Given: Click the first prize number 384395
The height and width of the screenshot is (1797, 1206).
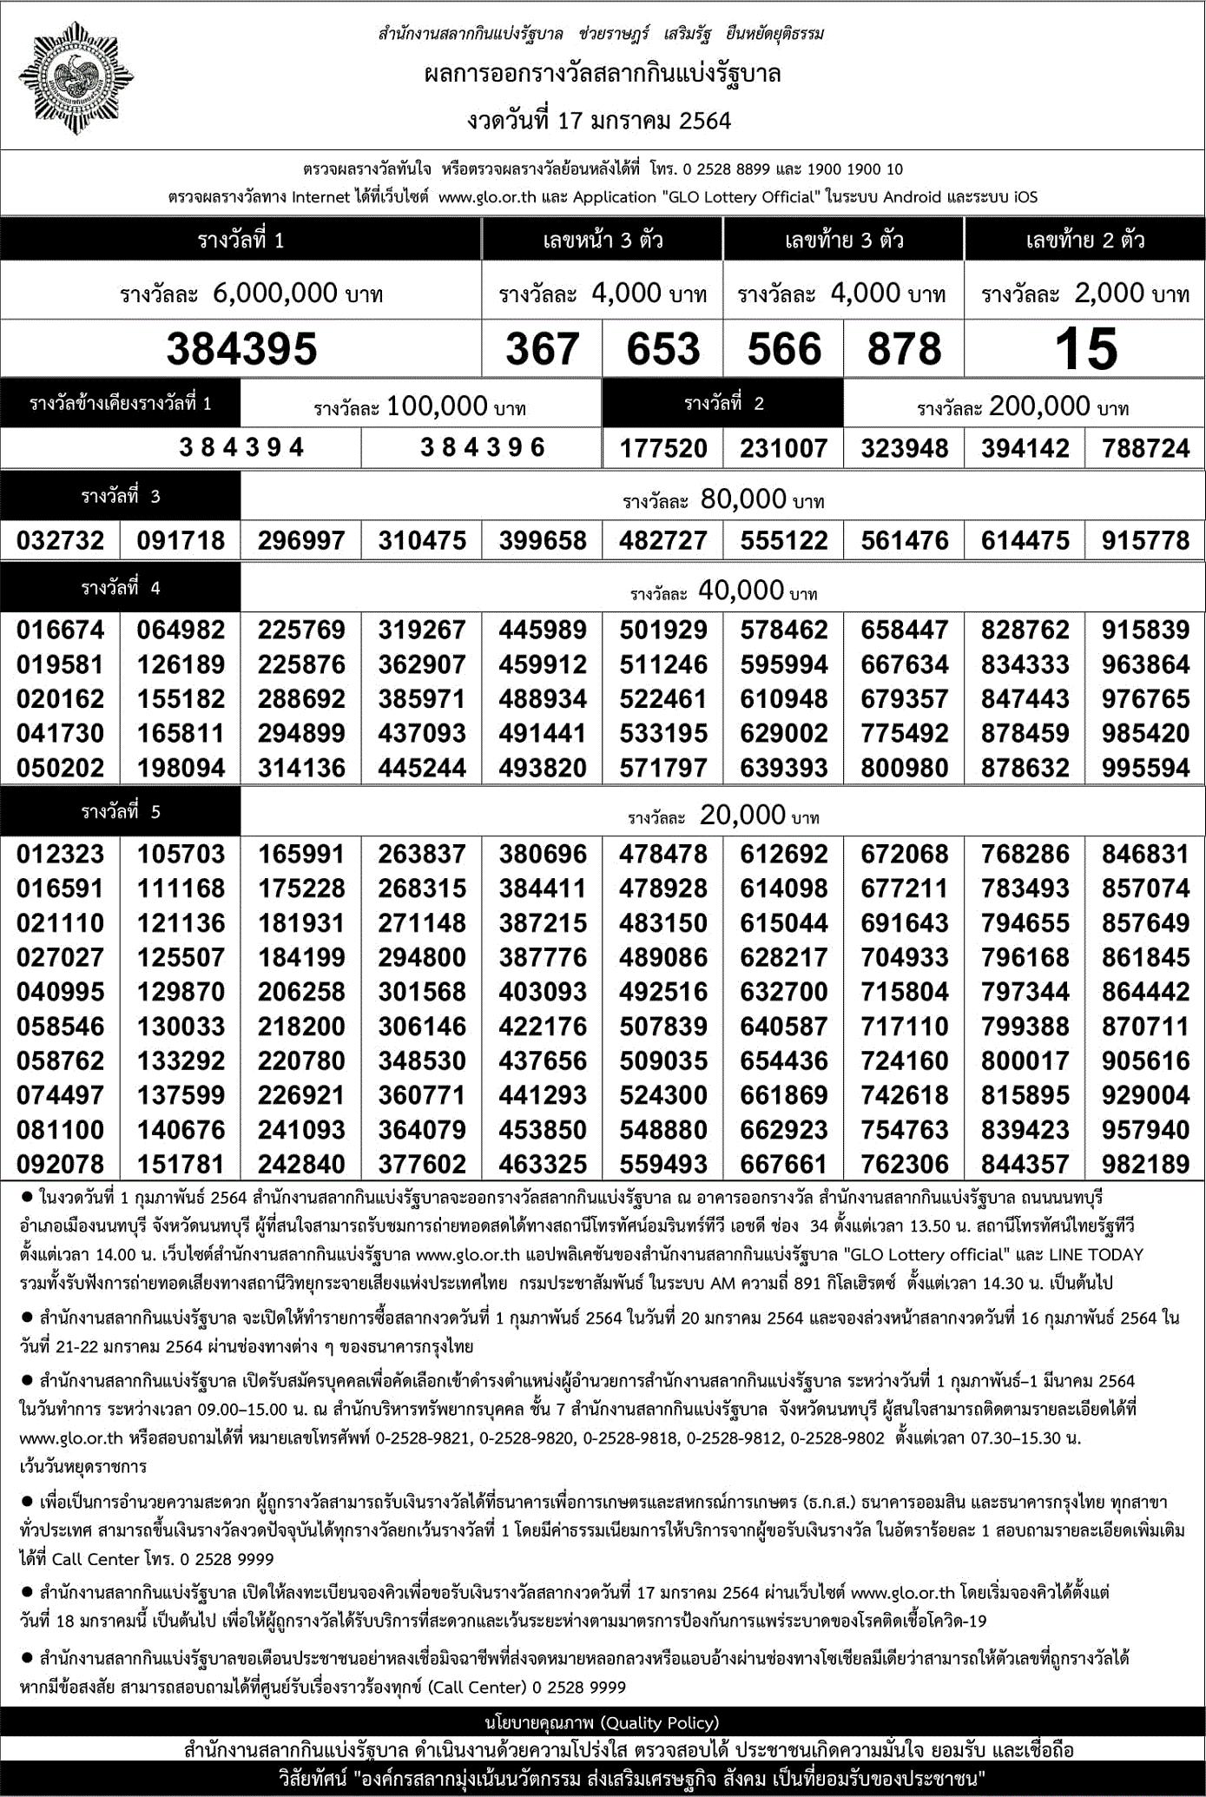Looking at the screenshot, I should click(241, 349).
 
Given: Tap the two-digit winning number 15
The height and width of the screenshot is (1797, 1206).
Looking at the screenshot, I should click(1085, 349).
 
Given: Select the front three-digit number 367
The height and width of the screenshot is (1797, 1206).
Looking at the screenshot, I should click(542, 349).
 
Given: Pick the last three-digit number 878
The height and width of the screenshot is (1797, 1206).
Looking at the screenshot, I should click(904, 349).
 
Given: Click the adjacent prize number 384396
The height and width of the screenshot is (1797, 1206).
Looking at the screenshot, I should click(482, 447).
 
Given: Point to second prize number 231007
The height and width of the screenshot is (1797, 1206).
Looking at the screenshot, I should click(783, 448).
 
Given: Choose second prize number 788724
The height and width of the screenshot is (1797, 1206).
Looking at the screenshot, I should click(1145, 448).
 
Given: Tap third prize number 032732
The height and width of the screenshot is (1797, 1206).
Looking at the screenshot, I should click(60, 540).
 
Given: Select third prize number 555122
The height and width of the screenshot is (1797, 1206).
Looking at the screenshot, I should click(783, 540).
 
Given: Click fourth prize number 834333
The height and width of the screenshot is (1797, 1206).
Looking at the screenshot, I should click(1025, 664).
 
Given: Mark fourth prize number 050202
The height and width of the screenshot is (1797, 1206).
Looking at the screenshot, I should click(60, 768).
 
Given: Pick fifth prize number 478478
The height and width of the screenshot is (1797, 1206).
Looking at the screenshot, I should click(662, 854).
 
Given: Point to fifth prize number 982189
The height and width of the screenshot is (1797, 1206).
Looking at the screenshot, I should click(1145, 1164).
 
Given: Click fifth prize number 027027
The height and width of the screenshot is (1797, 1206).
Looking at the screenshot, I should click(60, 957).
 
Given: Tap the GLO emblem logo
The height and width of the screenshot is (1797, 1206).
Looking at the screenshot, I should click(76, 78).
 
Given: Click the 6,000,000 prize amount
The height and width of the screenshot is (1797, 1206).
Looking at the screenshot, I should click(274, 294).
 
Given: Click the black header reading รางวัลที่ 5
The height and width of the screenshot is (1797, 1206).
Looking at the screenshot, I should click(121, 812).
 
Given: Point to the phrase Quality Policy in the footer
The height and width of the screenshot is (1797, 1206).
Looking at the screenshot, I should click(659, 1723).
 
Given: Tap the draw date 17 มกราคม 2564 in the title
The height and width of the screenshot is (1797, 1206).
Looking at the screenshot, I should click(643, 121).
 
